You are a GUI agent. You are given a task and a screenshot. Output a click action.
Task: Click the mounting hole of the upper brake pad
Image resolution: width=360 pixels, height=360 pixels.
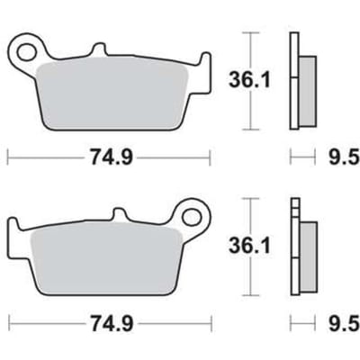point(26,52)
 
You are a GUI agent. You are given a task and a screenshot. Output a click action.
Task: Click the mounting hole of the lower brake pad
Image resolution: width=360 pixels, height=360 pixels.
point(191,217)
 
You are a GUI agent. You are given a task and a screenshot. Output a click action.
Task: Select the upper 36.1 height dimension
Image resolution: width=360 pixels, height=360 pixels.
point(249,80)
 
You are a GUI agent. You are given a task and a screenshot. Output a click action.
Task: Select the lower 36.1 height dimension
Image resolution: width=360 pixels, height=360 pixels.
point(249,246)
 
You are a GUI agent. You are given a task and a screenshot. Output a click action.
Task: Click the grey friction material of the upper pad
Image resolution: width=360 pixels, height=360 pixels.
point(112,96)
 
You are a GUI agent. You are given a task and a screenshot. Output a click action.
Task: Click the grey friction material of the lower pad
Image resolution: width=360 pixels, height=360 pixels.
point(106,260)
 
